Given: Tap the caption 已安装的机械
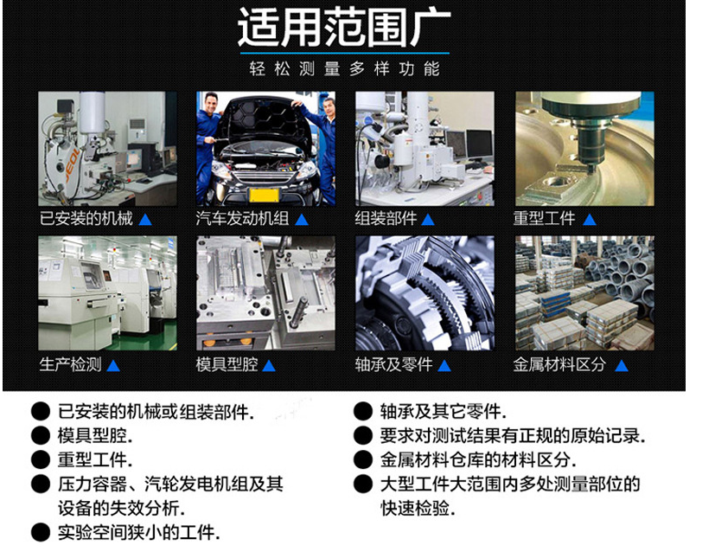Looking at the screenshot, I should (86, 219).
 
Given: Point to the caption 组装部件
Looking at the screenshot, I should (386, 219).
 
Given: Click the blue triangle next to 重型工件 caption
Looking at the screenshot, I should (589, 219).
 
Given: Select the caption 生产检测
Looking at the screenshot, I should (70, 365).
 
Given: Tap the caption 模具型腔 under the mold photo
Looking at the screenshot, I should (227, 365).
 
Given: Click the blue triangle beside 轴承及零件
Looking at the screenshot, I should (444, 365).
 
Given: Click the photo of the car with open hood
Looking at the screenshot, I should (265, 148).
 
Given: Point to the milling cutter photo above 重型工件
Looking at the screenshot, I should (584, 148).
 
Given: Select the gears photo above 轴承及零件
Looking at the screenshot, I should (425, 293).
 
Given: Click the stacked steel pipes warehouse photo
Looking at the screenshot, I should (584, 293).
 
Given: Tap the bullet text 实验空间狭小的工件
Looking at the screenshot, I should (138, 532).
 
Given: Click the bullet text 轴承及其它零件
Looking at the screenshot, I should (443, 412).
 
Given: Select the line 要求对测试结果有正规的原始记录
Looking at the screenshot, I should (512, 436).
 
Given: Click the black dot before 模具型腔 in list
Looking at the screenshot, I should (40, 436).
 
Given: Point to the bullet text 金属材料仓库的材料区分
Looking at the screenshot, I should (477, 460).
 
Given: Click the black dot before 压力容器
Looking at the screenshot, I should (40, 485).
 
